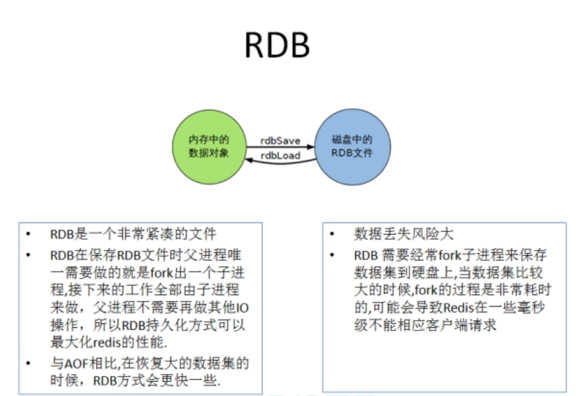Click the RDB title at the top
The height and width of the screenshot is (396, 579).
pyautogui.click(x=277, y=46)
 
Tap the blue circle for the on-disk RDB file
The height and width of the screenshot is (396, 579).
pyautogui.click(x=351, y=147)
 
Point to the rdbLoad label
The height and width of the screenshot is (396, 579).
pyautogui.click(x=280, y=155)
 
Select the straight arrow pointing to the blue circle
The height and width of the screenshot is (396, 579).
pyautogui.click(x=280, y=147)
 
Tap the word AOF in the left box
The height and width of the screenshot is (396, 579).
pyautogui.click(x=72, y=364)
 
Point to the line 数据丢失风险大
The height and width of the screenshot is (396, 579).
pyautogui.click(x=398, y=234)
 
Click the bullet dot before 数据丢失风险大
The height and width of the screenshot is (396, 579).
pyautogui.click(x=333, y=234)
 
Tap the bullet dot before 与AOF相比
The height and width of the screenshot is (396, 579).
pyautogui.click(x=29, y=364)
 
